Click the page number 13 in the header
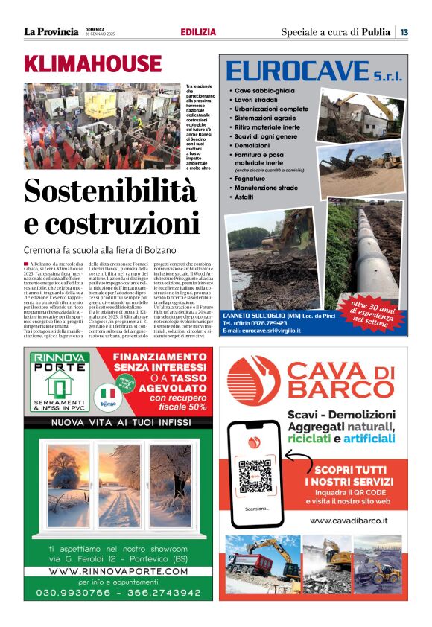[404, 31]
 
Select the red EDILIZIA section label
[198, 32]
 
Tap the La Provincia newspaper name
[51, 31]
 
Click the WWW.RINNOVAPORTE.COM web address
[118, 571]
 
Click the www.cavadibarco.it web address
[349, 521]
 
